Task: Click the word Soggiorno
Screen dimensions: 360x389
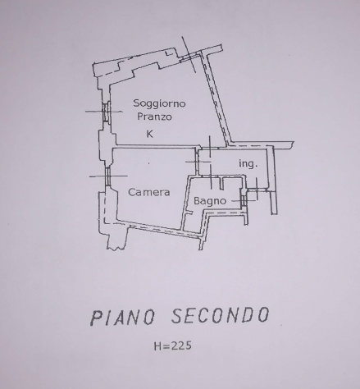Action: pyautogui.click(x=159, y=103)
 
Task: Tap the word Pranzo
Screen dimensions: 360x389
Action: pyautogui.click(x=154, y=117)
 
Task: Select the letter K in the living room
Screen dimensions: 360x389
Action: pyautogui.click(x=150, y=134)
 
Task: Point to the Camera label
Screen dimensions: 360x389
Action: pyautogui.click(x=149, y=192)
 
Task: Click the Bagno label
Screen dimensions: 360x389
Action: pyautogui.click(x=210, y=201)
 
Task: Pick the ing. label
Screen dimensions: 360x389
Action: pyautogui.click(x=248, y=163)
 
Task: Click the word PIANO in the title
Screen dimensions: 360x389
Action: pyautogui.click(x=123, y=317)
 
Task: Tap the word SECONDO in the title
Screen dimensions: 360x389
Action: pyautogui.click(x=221, y=315)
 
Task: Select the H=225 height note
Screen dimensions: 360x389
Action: pyautogui.click(x=173, y=346)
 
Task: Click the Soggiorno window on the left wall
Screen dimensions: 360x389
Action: pyautogui.click(x=106, y=112)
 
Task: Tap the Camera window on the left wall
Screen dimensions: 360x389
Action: pyautogui.click(x=107, y=176)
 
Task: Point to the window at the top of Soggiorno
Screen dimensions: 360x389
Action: pyautogui.click(x=189, y=57)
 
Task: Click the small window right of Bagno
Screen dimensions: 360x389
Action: pyautogui.click(x=244, y=200)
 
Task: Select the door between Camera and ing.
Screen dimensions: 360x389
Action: pyautogui.click(x=197, y=162)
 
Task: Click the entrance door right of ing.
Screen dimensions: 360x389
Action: pyautogui.click(x=257, y=190)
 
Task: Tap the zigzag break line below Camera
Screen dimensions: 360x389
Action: pyautogui.click(x=116, y=247)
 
